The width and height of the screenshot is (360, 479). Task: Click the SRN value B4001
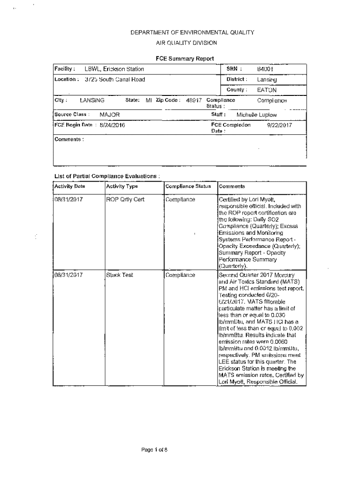point(265,69)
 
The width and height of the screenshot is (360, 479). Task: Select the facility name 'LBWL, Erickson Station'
point(114,69)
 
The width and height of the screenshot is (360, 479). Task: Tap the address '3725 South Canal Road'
point(115,79)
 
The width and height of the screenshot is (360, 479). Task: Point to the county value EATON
point(266,89)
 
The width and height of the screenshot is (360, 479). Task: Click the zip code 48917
point(194,100)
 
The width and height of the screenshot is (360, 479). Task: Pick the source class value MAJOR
point(109,115)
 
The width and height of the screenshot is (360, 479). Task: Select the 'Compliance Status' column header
point(188,187)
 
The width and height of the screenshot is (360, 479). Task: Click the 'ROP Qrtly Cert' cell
point(125,199)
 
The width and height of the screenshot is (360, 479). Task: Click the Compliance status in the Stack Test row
point(180,275)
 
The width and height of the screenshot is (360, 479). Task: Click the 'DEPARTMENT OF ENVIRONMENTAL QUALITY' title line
point(192,33)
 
